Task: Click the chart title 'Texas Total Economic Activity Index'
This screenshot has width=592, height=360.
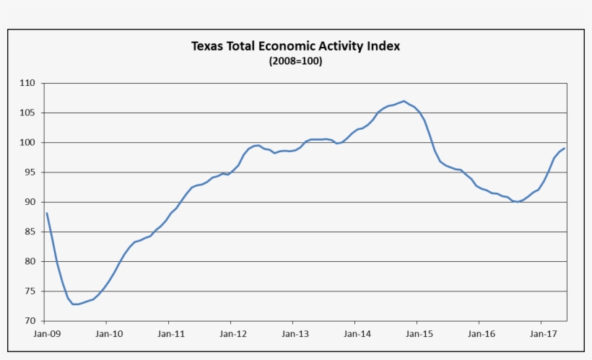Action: (295, 46)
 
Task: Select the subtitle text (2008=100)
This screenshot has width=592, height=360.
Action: (295, 61)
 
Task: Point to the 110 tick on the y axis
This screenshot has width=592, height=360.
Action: (27, 83)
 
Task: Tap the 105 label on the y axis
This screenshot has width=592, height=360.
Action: (27, 113)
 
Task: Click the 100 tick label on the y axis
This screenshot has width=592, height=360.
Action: (27, 143)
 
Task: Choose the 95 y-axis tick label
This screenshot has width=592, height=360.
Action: (30, 172)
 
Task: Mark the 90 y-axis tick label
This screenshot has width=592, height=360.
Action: (30, 202)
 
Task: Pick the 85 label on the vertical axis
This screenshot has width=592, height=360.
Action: (30, 232)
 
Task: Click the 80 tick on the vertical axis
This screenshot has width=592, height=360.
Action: (30, 261)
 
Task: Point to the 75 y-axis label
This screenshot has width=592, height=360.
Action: (30, 291)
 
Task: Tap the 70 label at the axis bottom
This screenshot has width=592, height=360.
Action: (30, 321)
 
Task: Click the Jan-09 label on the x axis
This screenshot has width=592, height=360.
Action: (47, 334)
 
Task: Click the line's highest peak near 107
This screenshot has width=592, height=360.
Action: (404, 101)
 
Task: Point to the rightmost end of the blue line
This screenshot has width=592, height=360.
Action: (565, 148)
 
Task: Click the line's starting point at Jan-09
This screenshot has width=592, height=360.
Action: (46, 213)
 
